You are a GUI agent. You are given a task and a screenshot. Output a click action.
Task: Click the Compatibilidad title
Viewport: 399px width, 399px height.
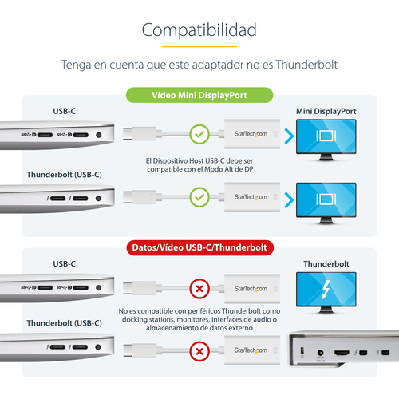[x=199, y=30]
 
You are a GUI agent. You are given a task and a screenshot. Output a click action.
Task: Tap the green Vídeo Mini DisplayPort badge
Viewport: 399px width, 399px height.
[x=199, y=95]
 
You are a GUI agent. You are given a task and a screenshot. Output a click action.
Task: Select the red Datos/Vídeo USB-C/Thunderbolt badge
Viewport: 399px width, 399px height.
[x=200, y=247]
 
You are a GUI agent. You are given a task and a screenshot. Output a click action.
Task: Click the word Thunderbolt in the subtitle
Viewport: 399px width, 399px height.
[x=306, y=65]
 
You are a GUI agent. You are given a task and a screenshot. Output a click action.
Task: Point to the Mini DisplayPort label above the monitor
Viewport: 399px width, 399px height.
[x=326, y=111]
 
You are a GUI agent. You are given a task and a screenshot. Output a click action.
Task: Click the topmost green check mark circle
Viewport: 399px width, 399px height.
[x=199, y=134]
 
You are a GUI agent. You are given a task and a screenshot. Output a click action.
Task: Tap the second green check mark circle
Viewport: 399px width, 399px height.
[x=199, y=197]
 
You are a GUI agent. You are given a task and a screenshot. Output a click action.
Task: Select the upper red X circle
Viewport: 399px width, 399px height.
[x=199, y=289]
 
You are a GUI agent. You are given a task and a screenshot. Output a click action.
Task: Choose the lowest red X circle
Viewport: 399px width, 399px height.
[x=199, y=351]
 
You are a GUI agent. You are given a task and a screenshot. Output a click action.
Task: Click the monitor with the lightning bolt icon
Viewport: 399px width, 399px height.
[x=326, y=292]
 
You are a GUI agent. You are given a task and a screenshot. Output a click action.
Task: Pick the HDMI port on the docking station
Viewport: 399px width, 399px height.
[x=342, y=353]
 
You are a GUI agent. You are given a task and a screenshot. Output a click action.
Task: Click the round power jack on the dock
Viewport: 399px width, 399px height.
[x=320, y=353]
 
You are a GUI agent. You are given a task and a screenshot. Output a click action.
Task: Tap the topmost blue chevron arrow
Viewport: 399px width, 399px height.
[x=289, y=136]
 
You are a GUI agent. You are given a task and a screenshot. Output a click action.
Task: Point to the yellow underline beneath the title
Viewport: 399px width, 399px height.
[x=199, y=46]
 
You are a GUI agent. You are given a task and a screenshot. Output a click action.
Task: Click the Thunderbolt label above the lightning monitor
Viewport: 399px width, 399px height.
[x=326, y=264]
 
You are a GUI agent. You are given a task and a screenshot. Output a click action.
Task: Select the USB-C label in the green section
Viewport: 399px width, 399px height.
[x=65, y=111]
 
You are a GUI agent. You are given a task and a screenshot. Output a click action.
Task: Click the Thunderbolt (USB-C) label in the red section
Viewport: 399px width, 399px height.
[x=65, y=323]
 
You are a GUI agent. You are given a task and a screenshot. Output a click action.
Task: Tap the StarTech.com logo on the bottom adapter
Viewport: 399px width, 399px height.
[x=251, y=350]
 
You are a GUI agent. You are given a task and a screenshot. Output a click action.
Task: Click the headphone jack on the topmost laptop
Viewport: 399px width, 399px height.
[x=98, y=135]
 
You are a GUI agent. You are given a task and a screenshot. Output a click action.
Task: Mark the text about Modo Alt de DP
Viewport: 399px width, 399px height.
[x=199, y=165]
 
